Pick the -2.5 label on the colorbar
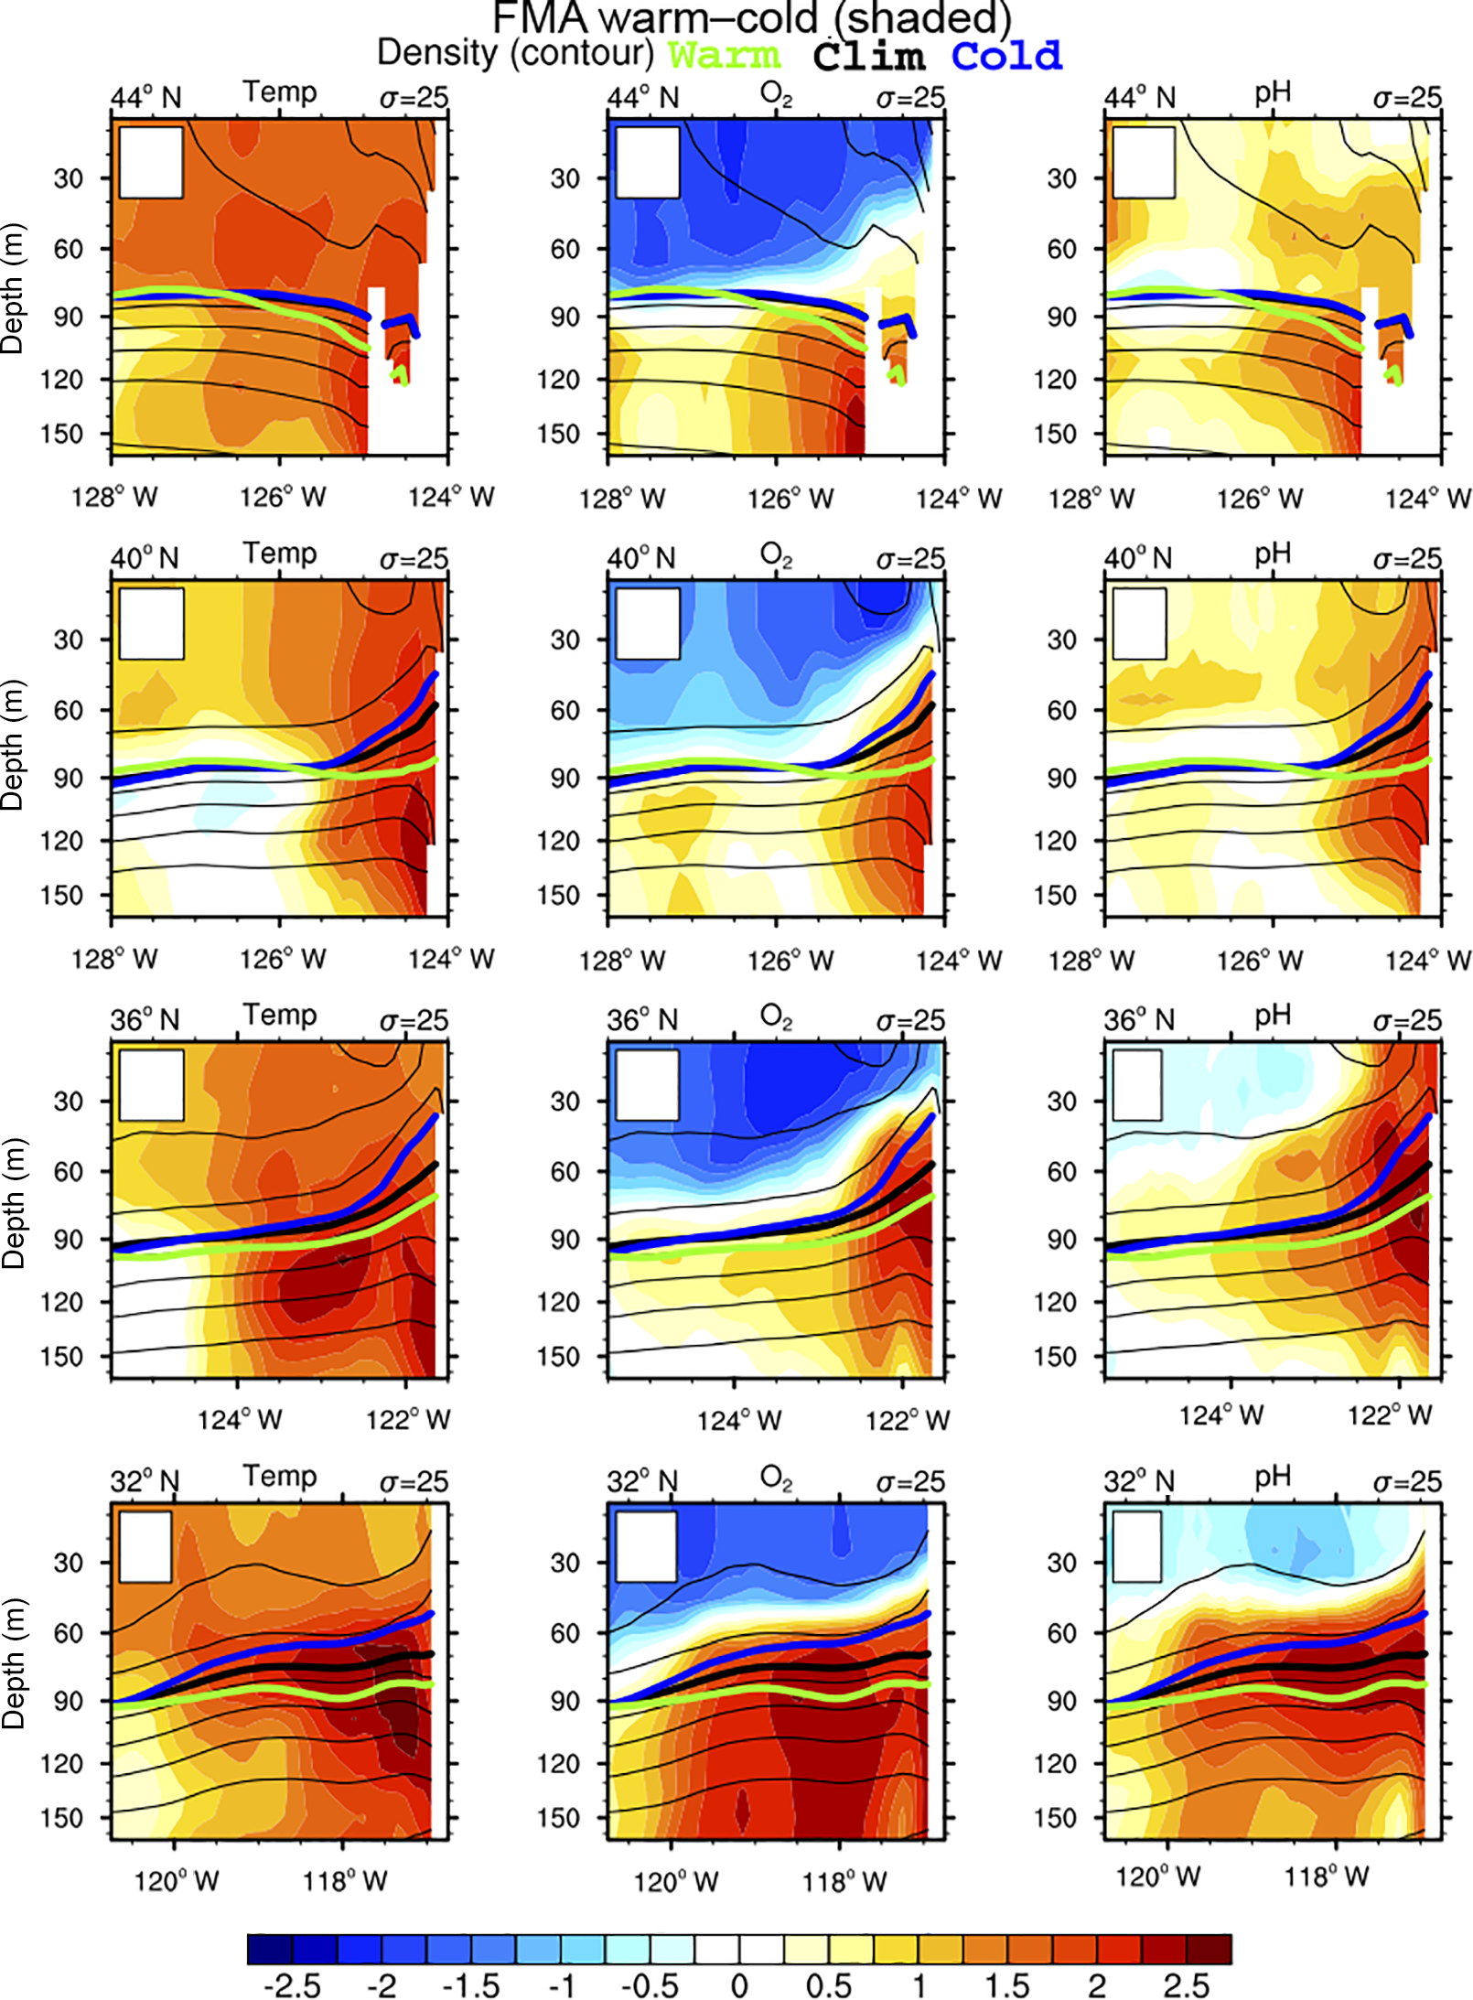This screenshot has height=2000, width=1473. [x=292, y=1985]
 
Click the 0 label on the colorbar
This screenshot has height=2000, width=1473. [x=739, y=1985]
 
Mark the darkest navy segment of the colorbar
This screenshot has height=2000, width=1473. [x=270, y=1949]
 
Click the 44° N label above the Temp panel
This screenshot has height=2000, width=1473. [x=146, y=97]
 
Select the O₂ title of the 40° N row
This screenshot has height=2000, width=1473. [x=776, y=554]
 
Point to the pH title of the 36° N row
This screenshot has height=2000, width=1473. [x=1272, y=1015]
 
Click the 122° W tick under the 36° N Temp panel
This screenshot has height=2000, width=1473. [x=408, y=1419]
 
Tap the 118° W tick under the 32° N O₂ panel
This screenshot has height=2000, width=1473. [x=844, y=1881]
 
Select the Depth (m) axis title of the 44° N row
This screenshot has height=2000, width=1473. [x=13, y=288]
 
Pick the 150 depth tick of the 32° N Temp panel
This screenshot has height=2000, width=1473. [x=61, y=1818]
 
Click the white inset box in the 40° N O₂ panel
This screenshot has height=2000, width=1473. [x=648, y=623]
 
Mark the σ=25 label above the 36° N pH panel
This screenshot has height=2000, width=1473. [x=1406, y=1020]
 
